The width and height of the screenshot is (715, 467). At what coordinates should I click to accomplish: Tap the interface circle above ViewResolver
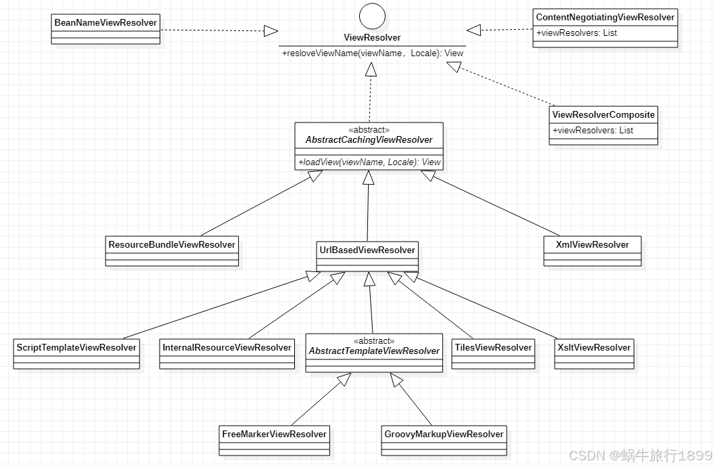point(371,16)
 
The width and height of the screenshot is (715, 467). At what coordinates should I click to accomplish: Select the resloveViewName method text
point(373,53)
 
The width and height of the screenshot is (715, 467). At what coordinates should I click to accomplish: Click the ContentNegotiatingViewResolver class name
point(605,18)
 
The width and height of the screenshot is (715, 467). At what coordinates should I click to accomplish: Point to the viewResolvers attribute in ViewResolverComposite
point(593,130)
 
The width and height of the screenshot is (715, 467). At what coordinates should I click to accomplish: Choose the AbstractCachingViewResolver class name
point(369,140)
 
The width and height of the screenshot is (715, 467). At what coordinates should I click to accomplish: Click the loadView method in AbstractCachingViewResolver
point(369,162)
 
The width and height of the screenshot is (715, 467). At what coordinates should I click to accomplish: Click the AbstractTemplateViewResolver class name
point(374,351)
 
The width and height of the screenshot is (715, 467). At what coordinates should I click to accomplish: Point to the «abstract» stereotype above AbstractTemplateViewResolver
point(374,341)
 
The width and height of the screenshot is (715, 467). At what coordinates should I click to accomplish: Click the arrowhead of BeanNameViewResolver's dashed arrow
point(271,30)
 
